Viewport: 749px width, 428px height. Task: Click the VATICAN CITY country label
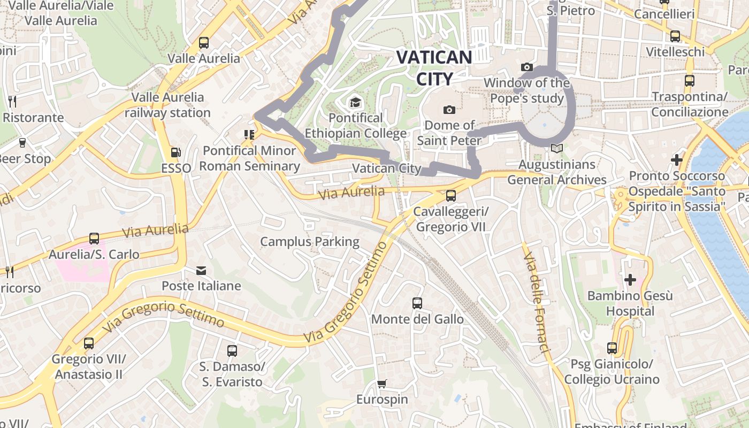coord(434,68)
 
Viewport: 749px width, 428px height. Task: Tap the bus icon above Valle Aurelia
coord(204,42)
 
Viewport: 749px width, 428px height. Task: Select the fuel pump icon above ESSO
coord(175,152)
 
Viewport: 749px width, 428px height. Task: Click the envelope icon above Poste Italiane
coord(201,271)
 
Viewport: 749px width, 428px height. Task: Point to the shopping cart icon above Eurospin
coord(381,384)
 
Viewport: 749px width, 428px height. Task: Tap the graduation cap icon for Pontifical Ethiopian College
coord(355,102)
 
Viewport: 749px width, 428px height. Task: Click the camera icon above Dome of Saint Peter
coord(449,110)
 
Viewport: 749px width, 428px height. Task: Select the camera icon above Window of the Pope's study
coord(527,67)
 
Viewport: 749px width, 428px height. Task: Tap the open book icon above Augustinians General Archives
coord(557,149)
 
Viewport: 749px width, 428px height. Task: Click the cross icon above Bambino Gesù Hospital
coord(630,279)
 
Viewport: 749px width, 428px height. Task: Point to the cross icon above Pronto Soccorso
coord(677,159)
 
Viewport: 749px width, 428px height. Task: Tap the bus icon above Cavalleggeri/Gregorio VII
coord(451,196)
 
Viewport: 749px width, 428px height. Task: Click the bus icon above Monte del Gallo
coord(417,303)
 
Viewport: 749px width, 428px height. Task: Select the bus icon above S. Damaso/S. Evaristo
coord(232,351)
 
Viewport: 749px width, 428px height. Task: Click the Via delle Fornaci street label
coord(537,303)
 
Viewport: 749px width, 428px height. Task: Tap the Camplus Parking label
coord(310,242)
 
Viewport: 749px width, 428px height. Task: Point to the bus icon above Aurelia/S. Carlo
coord(94,239)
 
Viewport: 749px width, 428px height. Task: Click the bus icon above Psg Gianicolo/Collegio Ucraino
coord(612,348)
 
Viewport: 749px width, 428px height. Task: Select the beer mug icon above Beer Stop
coord(22,143)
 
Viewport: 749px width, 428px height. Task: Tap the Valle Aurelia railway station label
coord(167,105)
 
